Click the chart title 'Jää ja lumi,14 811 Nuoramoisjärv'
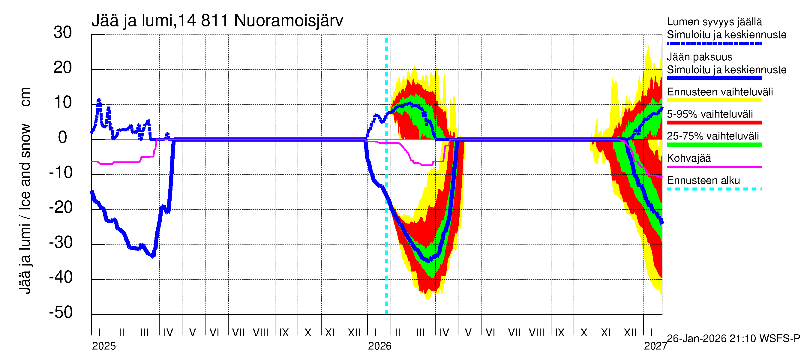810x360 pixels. tap(217, 21)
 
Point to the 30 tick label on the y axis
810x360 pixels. tap(63, 33)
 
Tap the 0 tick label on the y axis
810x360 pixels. tap(63, 138)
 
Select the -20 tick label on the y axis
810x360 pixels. tap(61, 208)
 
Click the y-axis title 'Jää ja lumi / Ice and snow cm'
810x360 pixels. tap(25, 190)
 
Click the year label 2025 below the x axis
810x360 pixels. tap(104, 346)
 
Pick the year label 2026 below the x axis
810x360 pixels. tap(379, 346)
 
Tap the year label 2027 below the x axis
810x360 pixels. tap(655, 346)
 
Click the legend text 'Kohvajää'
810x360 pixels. tap(688, 158)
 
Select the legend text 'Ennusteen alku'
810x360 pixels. tap(703, 181)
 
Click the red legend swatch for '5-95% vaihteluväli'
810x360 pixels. tap(714, 123)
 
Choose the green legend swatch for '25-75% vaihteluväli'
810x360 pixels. tap(714, 145)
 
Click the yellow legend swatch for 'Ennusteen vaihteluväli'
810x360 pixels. tap(714, 100)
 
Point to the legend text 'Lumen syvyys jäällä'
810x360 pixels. tap(714, 22)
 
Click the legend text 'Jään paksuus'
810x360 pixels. tap(699, 57)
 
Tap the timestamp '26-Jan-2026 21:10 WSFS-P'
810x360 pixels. tap(733, 338)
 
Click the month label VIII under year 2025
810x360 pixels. tap(261, 332)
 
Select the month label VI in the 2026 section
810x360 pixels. tap(490, 332)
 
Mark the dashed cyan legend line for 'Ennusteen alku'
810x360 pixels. tap(714, 189)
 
